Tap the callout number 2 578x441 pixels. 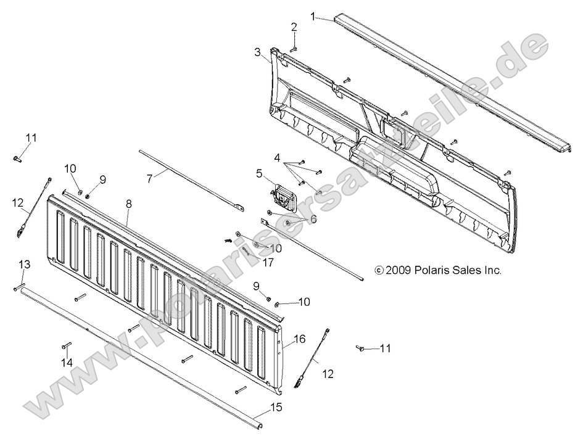[294, 27]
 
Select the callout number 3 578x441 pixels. [257, 53]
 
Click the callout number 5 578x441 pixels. [260, 174]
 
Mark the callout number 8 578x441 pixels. [128, 203]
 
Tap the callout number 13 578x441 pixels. [24, 264]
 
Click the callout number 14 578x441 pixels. [66, 363]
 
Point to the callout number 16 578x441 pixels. [300, 339]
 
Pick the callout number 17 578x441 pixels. [250, 261]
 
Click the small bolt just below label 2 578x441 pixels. [295, 47]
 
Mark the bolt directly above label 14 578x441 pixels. [67, 345]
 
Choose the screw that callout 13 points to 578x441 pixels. [15, 288]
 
